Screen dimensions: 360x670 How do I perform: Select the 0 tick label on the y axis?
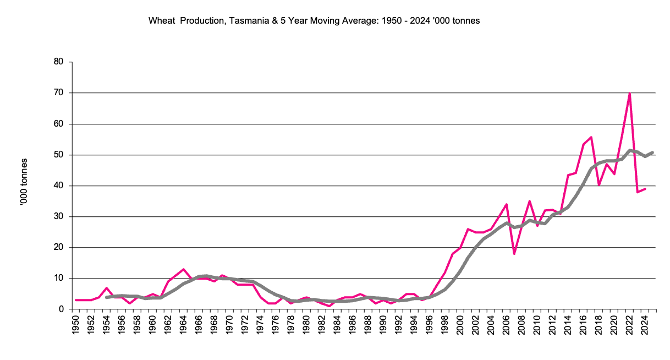pyautogui.click(x=62, y=309)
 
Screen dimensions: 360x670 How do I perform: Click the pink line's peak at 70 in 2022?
pyautogui.click(x=629, y=93)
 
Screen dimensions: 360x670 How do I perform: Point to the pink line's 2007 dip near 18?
pyautogui.click(x=514, y=253)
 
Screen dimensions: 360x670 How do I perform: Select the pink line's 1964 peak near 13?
pyautogui.click(x=183, y=269)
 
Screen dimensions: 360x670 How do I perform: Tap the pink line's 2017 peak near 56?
pyautogui.click(x=591, y=137)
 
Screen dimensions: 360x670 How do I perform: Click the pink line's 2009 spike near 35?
pyautogui.click(x=529, y=201)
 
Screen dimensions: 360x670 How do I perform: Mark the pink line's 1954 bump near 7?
pyautogui.click(x=106, y=288)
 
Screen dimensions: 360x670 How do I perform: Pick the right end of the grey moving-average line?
pyautogui.click(x=652, y=152)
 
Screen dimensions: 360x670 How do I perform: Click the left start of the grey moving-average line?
pyautogui.click(x=106, y=297)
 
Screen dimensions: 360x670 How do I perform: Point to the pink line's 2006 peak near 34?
pyautogui.click(x=506, y=204)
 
